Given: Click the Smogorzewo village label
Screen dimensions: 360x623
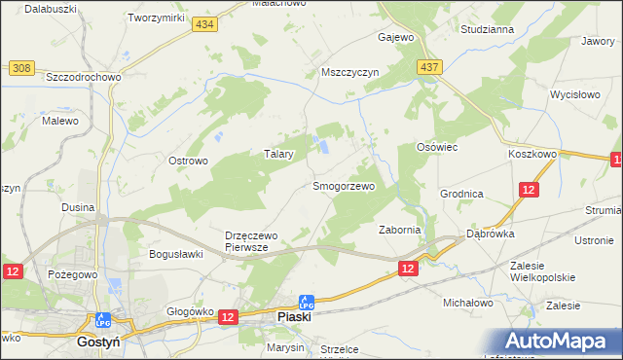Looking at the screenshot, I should (343, 185).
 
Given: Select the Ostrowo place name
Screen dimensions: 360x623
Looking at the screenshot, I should (188, 161).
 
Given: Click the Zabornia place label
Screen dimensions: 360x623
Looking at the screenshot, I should (398, 230).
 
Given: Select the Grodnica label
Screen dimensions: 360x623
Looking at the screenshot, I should (461, 194).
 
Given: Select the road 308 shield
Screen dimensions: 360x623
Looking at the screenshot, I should (21, 68).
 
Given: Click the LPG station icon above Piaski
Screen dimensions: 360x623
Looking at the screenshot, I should (307, 303).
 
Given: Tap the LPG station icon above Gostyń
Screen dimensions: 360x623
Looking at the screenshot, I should (102, 319).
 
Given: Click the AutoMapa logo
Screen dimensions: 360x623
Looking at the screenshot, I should (563, 341).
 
